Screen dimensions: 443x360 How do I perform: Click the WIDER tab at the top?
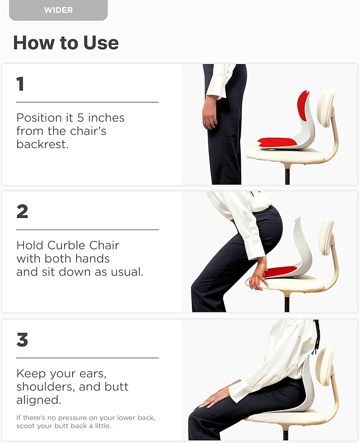[58, 10]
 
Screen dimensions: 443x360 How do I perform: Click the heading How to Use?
[66, 42]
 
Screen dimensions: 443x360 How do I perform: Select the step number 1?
[20, 84]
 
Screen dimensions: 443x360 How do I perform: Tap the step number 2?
[22, 212]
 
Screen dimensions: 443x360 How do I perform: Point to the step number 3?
[22, 340]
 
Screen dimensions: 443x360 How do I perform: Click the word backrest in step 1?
[42, 144]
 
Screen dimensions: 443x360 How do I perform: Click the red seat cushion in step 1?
[278, 142]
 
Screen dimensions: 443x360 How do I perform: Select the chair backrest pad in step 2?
[325, 236]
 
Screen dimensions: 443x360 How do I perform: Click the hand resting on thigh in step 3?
[217, 396]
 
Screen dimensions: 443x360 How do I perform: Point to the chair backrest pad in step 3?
[324, 366]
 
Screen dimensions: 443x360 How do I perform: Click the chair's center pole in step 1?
[287, 174]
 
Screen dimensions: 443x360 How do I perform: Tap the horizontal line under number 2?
[87, 230]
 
